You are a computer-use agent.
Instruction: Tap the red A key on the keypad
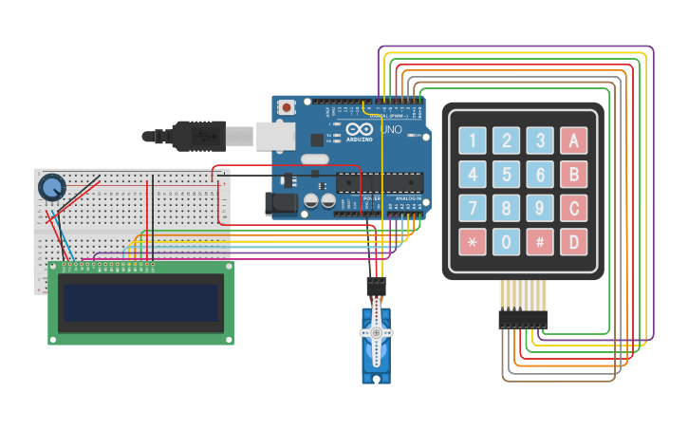pyautogui.click(x=573, y=141)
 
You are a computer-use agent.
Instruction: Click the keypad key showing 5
pyautogui.click(x=507, y=175)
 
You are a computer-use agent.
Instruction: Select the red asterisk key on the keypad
pyautogui.click(x=473, y=241)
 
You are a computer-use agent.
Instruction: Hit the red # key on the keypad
pyautogui.click(x=540, y=241)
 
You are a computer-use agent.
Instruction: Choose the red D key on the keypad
pyautogui.click(x=573, y=241)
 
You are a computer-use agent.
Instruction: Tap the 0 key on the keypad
pyautogui.click(x=507, y=241)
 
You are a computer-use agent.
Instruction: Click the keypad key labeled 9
pyautogui.click(x=540, y=208)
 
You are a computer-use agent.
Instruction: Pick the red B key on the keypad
pyautogui.click(x=573, y=175)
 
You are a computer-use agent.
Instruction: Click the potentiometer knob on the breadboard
pyautogui.click(x=51, y=187)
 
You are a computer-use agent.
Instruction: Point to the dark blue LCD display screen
pyautogui.click(x=140, y=303)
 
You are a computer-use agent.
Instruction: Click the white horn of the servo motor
pyautogui.click(x=377, y=333)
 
